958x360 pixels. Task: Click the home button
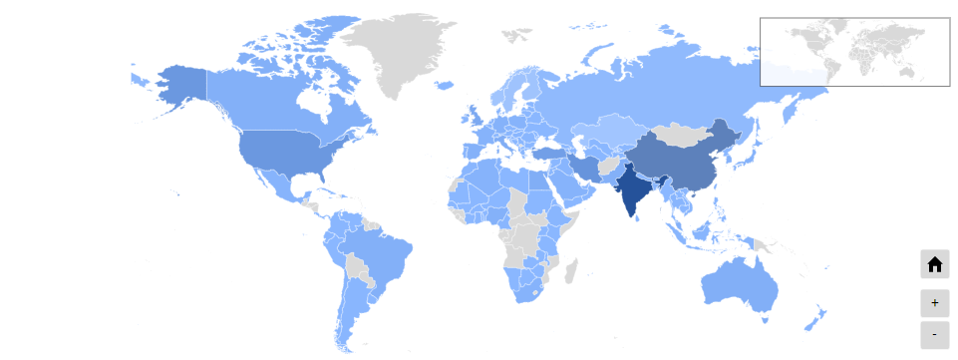click(x=934, y=264)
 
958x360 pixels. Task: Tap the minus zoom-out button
click(x=934, y=334)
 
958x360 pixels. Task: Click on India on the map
click(x=632, y=189)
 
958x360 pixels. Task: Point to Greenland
click(x=394, y=50)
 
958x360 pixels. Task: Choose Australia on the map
click(x=738, y=284)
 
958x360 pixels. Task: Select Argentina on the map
click(x=349, y=309)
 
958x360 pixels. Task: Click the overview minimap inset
click(x=854, y=52)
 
